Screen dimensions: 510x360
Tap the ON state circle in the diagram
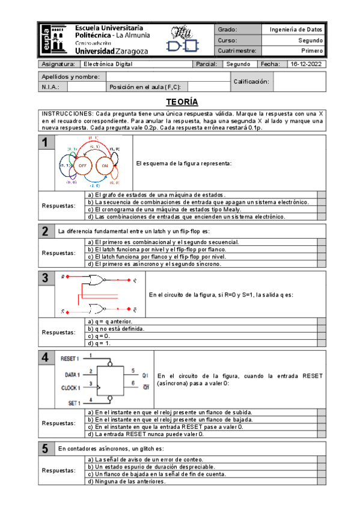105,165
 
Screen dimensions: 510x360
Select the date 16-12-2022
306,64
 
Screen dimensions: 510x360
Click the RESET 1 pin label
71,358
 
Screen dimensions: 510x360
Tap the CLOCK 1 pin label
71,388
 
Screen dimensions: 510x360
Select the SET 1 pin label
75,402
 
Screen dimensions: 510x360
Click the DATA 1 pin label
73,374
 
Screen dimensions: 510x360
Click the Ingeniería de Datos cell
296,29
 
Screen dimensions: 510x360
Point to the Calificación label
251,81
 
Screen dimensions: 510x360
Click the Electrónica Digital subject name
108,64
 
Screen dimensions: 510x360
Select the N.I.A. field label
50,87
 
